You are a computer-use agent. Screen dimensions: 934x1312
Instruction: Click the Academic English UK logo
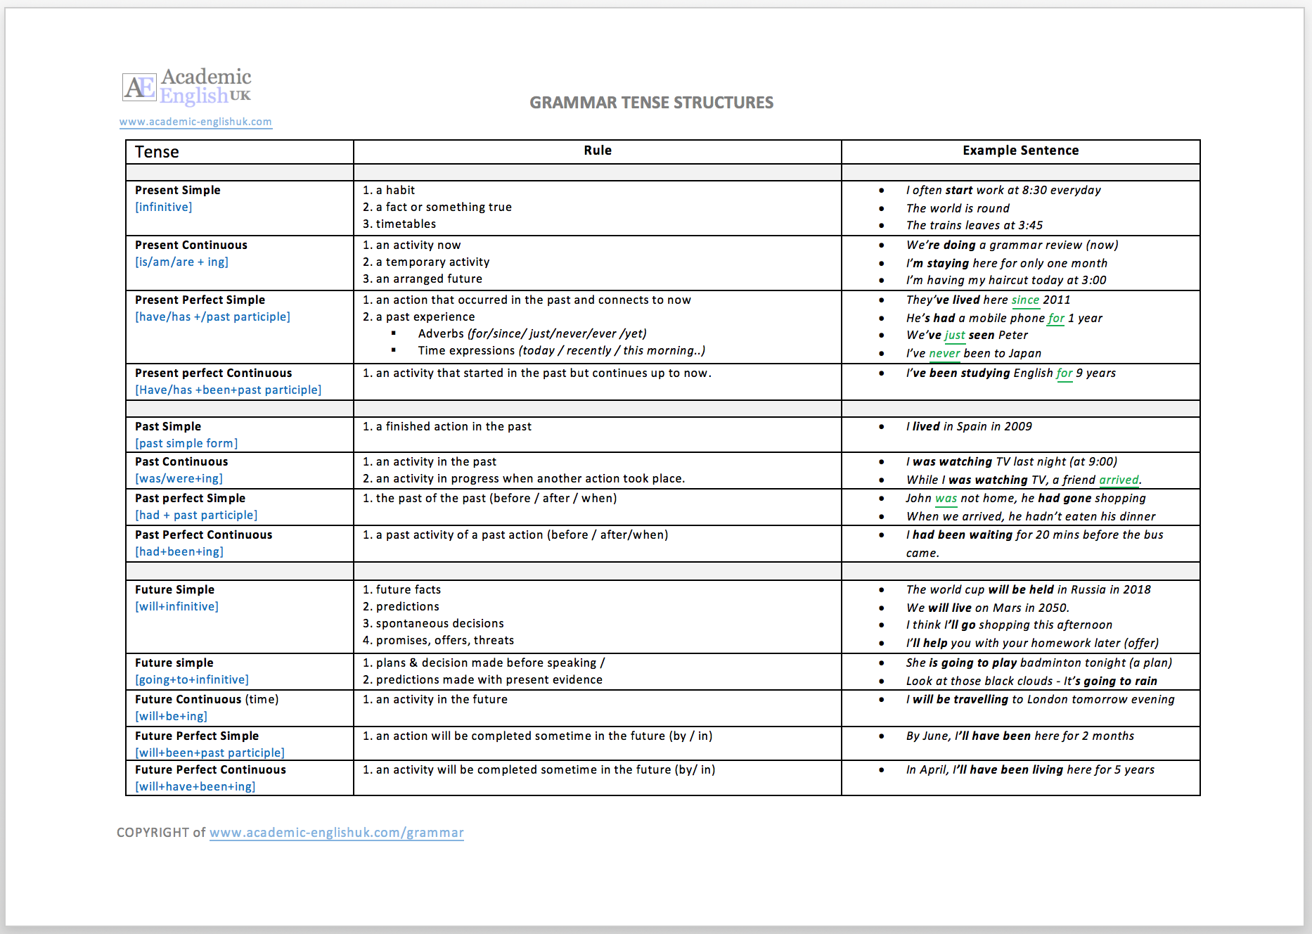(x=187, y=87)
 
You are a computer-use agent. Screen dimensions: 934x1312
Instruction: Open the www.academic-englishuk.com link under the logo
(x=195, y=122)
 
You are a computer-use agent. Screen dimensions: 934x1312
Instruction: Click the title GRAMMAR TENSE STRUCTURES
(x=651, y=103)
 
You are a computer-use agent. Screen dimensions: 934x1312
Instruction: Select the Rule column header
(x=598, y=151)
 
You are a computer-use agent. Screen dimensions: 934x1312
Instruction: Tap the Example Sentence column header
(x=1020, y=151)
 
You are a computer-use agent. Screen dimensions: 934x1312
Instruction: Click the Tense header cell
(x=157, y=152)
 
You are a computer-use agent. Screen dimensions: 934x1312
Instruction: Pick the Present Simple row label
(x=178, y=190)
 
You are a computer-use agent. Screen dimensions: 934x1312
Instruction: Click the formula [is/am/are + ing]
(x=181, y=262)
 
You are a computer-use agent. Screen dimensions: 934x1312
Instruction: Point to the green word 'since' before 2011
(x=1025, y=300)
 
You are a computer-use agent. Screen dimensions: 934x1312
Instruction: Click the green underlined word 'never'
(x=944, y=354)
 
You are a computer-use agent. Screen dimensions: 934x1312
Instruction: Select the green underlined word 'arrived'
(x=1119, y=480)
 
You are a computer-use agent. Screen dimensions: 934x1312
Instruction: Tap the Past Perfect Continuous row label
(x=203, y=535)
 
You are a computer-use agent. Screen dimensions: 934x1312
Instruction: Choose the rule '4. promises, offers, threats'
(x=438, y=640)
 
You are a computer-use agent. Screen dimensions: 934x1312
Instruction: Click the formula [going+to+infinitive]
(x=192, y=679)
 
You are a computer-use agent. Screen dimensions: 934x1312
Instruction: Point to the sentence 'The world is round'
(x=958, y=208)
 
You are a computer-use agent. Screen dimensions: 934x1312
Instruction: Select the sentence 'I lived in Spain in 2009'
(x=969, y=426)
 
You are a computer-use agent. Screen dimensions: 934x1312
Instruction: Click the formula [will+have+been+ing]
(x=195, y=786)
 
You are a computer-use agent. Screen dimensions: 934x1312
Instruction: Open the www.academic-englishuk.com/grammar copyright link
(x=336, y=833)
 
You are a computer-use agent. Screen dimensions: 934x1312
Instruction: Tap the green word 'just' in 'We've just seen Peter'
(x=954, y=335)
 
